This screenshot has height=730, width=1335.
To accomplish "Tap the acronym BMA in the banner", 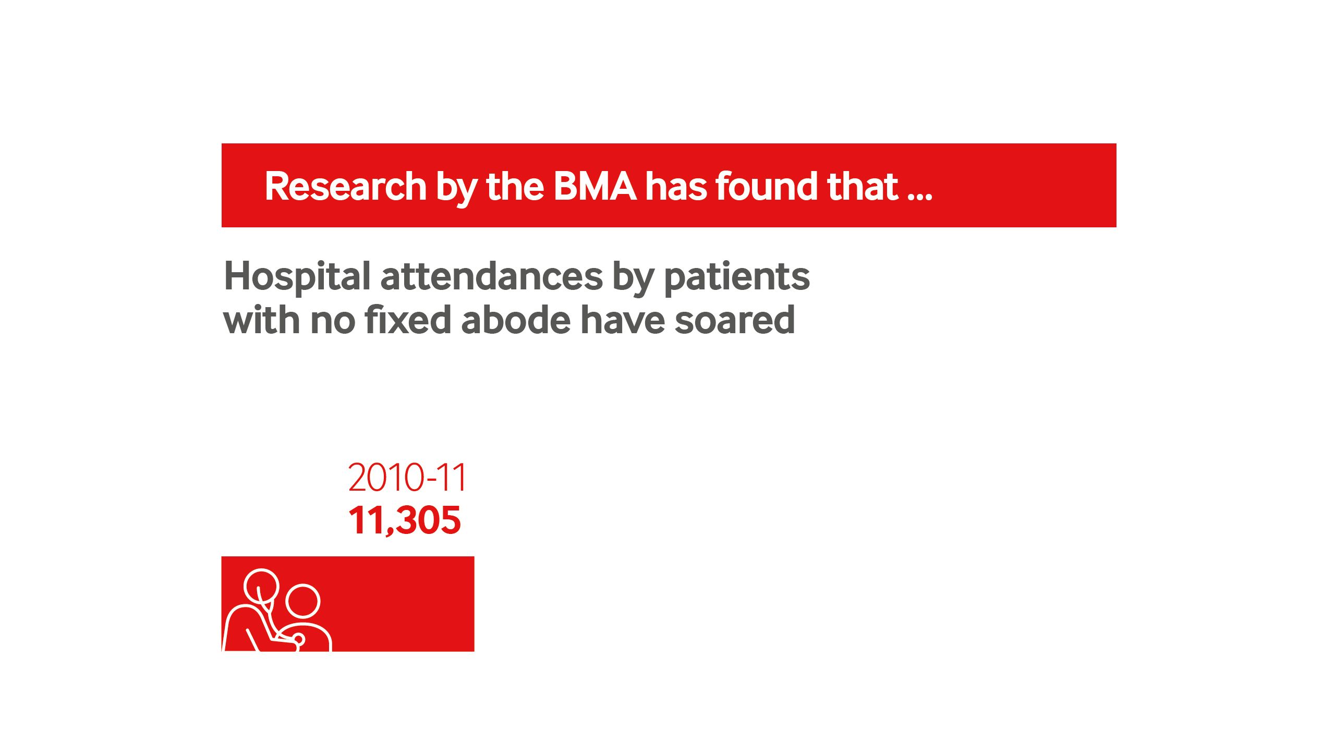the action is (x=595, y=186).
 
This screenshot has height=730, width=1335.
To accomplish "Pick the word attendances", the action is (x=492, y=276).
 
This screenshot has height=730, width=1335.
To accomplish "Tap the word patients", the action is (x=737, y=277).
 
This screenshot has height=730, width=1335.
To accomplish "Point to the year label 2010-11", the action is (x=407, y=478).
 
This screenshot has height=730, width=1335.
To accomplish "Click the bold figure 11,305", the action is (x=405, y=520).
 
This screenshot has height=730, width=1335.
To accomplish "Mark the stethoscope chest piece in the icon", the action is (x=298, y=640).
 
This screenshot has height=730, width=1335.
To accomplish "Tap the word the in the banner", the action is (x=515, y=186).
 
